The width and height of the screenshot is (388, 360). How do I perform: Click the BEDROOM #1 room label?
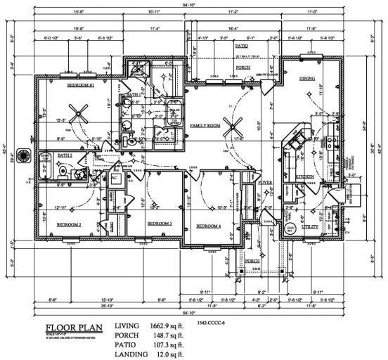pos(82,85)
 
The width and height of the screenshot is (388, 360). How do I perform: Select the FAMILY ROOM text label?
pos(205,124)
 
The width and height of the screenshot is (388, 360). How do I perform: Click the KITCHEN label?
pos(303,176)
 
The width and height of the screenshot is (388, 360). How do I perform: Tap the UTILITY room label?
pos(310,227)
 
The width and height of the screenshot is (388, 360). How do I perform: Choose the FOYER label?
pos(264,181)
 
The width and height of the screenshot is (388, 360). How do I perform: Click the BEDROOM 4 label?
pos(208,226)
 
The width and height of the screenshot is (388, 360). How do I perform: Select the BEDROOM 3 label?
pos(160,223)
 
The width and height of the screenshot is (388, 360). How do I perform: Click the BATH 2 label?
pos(65,155)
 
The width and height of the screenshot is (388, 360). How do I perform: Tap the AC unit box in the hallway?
pos(115,179)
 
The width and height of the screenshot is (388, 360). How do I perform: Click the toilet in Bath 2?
pos(62,170)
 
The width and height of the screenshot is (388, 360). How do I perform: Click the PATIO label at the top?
pos(240,44)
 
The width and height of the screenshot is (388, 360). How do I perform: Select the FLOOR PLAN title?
pos(75,328)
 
